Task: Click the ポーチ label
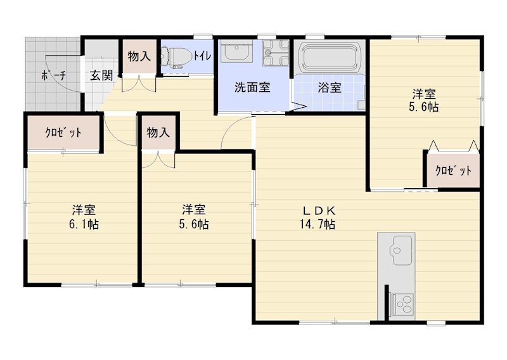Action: coord(53,75)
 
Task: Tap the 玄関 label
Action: coord(101,75)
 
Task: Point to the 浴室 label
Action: coord(330,87)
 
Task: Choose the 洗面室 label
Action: coord(252,87)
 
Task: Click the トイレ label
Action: coord(202,56)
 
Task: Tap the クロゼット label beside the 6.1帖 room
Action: coord(63,132)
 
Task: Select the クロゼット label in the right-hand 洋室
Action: coord(453,170)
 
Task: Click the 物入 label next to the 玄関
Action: coord(139,56)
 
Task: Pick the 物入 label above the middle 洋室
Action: coord(158,132)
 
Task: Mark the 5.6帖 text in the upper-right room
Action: coord(423,107)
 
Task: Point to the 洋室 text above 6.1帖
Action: coord(84,210)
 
